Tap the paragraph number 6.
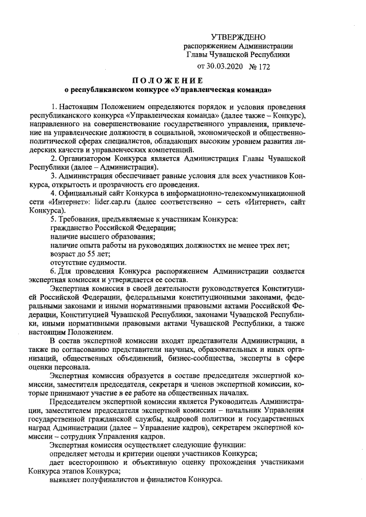pyautogui.click(x=53, y=270)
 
